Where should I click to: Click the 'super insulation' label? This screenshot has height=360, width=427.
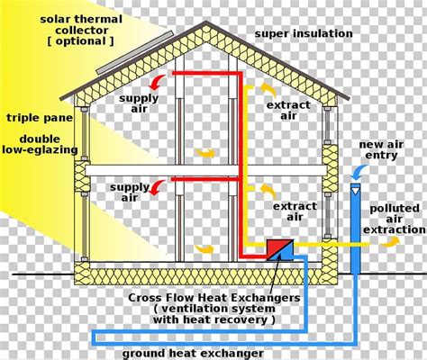coord(304,33)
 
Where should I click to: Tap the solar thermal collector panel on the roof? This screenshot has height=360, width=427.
coord(135,52)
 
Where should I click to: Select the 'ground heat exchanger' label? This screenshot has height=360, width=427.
coord(193,354)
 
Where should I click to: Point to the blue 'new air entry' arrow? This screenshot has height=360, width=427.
coord(359,172)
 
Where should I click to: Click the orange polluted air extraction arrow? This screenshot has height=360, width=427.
coord(389,242)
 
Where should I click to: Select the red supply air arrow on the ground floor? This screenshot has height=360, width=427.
coord(157,188)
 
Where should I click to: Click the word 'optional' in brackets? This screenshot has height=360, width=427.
coord(80,41)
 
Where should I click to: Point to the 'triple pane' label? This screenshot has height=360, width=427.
coord(40,118)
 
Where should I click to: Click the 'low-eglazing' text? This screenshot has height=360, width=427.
coord(40,149)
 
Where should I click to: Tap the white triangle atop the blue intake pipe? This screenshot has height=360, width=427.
coord(356,191)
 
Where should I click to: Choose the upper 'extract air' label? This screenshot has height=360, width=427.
coord(288,111)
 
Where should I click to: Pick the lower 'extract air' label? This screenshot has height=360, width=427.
coord(295,211)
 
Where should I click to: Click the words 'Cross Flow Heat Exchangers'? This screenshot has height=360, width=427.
coord(214,298)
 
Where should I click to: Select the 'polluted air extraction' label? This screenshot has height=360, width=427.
coord(395,219)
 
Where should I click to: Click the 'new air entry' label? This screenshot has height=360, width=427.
coord(381,149)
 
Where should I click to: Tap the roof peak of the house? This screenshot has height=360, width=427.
coord(205,22)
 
